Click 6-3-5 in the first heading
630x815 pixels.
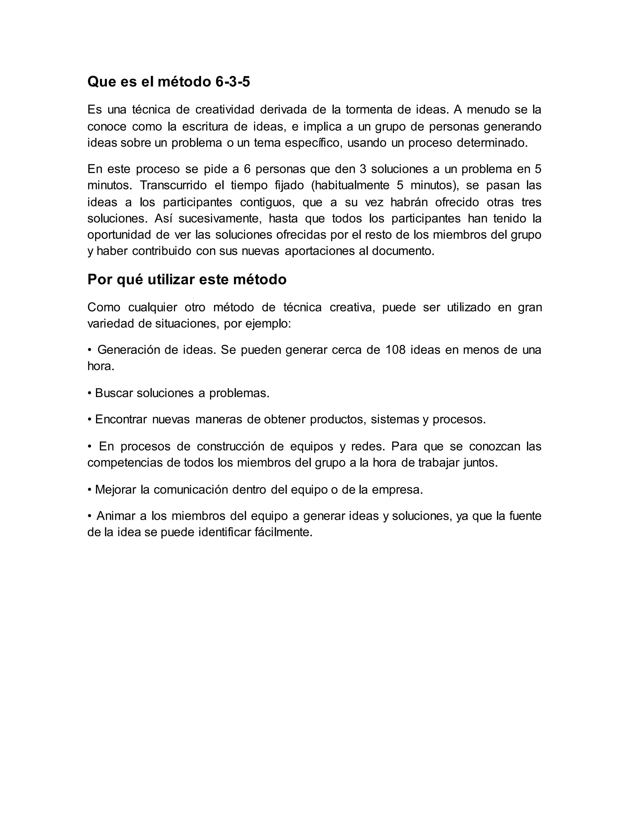click(233, 82)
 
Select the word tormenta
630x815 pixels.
click(368, 110)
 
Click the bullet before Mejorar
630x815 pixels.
click(90, 490)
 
